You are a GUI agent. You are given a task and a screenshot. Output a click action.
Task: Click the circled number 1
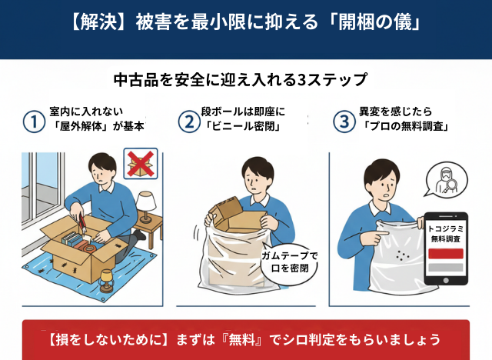(34, 122)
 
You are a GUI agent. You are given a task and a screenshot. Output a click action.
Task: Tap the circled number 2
(189, 122)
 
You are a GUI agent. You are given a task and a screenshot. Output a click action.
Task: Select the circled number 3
(344, 122)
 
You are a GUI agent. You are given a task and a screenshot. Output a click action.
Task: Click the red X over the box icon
(141, 164)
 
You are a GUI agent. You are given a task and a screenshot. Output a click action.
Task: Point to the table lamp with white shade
(146, 207)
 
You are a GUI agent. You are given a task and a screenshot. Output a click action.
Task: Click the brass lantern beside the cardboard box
(106, 280)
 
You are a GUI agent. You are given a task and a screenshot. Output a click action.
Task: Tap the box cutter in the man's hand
(82, 223)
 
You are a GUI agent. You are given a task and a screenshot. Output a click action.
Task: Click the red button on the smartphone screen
(446, 254)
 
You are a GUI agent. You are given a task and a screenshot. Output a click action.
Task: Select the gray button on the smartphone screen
(446, 268)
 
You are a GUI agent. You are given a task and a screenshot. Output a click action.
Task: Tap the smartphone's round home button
(446, 280)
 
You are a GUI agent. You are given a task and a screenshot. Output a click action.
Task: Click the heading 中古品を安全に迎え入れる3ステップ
(241, 80)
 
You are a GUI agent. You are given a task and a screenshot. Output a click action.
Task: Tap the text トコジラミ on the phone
(446, 228)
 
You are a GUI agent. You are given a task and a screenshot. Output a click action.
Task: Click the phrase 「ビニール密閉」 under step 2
(243, 126)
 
